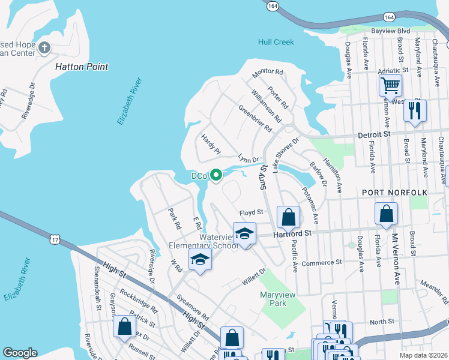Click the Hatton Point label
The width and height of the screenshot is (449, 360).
click(x=82, y=67)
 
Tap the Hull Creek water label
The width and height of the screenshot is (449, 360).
click(x=276, y=42)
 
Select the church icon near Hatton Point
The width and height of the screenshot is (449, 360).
click(x=44, y=47)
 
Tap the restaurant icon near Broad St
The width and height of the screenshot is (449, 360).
click(x=414, y=111)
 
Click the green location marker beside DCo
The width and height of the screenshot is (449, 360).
click(x=215, y=175)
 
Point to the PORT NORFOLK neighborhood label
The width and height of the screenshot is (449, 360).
click(x=394, y=192)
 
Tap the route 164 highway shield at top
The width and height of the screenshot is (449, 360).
click(x=273, y=5)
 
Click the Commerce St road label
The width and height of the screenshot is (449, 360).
click(x=321, y=263)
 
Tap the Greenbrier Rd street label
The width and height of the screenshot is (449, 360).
click(x=256, y=119)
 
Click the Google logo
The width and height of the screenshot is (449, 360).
click(x=20, y=353)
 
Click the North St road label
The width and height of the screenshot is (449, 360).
click(x=382, y=322)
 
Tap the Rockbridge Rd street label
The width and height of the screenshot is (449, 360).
click(x=137, y=302)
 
